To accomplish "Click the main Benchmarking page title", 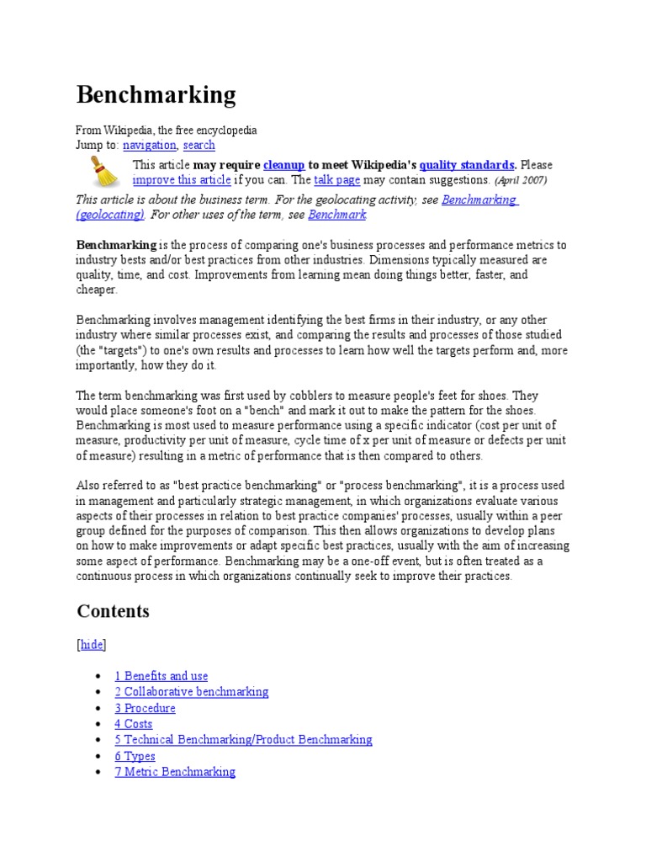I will point(156,95).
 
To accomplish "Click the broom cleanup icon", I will point(104,172).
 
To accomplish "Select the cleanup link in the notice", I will point(283,165).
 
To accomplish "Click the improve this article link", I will point(182,180).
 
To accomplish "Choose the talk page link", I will point(337,180).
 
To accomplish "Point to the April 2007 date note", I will point(521,180).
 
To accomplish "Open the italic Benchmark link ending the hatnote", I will point(337,215).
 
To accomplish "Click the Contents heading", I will point(113,611).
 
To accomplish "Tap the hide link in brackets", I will point(92,645).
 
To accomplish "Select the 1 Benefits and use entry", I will point(161,676).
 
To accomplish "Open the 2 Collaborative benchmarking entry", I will point(192,692).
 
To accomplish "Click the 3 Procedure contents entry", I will point(146,708).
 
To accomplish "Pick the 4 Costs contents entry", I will point(134,724).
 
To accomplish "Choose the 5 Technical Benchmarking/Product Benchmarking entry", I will point(244,740).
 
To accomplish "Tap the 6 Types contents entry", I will point(135,756).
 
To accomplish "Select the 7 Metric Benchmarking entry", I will point(175,772).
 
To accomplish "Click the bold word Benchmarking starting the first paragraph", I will point(117,245).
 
